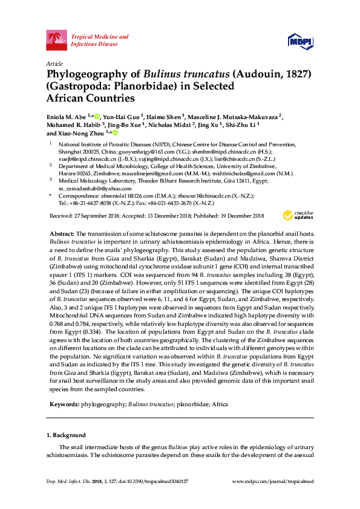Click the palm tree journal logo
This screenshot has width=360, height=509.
57,41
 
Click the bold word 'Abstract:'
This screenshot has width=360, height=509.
62,233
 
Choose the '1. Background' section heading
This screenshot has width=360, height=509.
67,435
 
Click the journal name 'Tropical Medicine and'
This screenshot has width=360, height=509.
100,37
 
